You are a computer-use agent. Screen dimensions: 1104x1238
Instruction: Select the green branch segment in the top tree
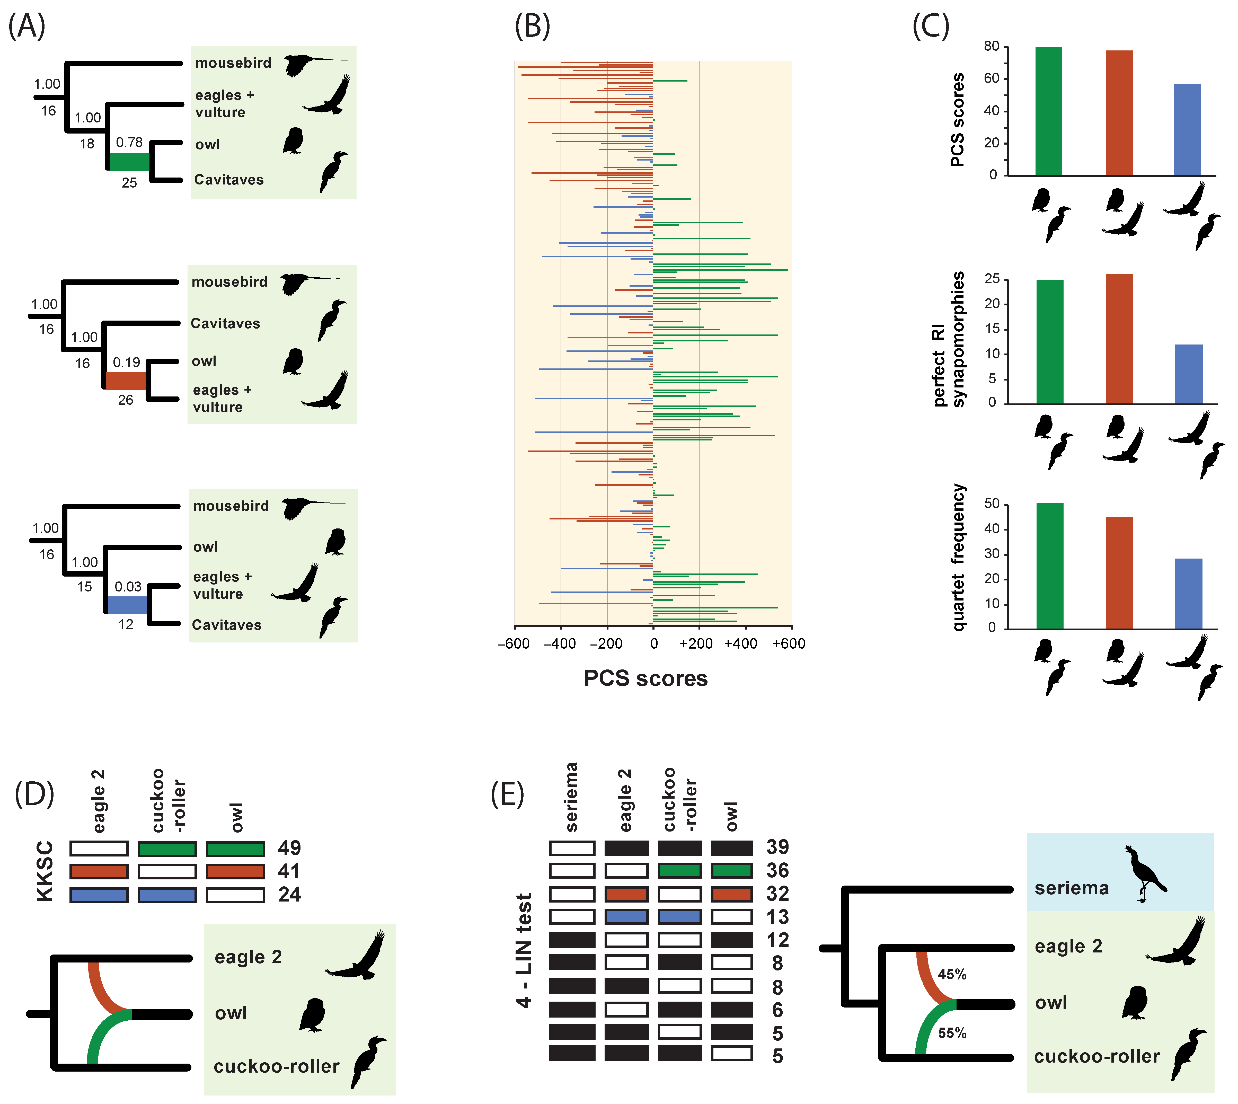[x=129, y=162]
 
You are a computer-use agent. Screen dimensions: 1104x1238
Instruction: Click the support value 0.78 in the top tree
[x=129, y=143]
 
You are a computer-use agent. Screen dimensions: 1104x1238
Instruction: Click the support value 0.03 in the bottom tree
[x=128, y=587]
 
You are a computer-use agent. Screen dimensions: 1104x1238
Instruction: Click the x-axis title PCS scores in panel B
[x=645, y=678]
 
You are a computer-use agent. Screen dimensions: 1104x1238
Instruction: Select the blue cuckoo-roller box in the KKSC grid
[x=167, y=895]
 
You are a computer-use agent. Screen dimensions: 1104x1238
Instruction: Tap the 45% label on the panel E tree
[x=952, y=974]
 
